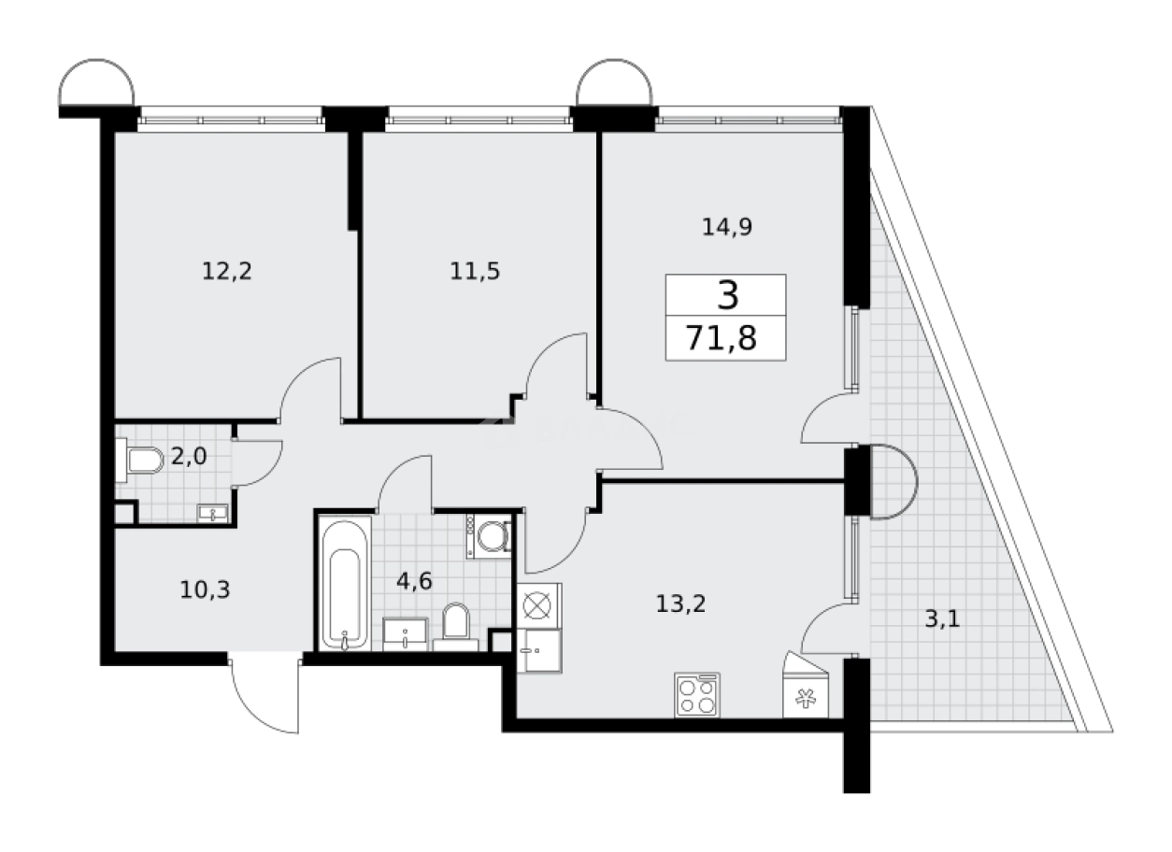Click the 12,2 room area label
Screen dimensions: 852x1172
click(227, 272)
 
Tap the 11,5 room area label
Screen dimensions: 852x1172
click(475, 272)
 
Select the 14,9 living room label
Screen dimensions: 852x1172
click(727, 227)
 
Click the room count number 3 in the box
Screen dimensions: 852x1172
click(727, 295)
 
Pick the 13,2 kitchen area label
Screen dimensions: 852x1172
click(679, 603)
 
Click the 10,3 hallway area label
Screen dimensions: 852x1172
click(204, 589)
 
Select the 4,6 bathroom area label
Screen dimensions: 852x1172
click(415, 581)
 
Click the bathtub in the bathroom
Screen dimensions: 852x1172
click(345, 585)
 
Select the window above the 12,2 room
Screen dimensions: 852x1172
click(231, 118)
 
